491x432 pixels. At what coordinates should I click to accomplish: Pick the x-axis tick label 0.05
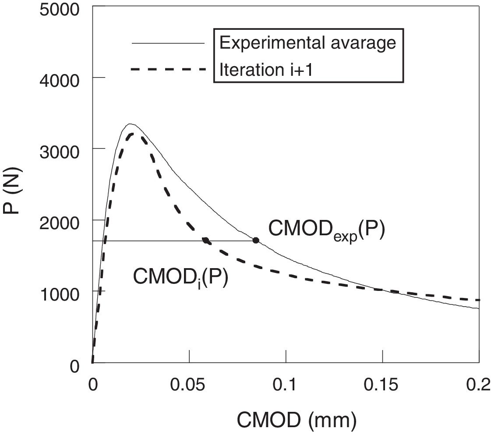coord(189,386)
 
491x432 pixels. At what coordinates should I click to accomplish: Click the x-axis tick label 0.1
coord(286,386)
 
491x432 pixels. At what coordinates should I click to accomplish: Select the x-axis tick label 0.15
coord(382,386)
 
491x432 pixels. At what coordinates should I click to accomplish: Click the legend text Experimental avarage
coord(307,42)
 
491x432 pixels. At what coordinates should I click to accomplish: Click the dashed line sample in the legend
coord(168,69)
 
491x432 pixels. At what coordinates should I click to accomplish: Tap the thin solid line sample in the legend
coord(168,43)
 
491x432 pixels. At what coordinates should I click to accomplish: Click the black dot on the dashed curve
coord(205,240)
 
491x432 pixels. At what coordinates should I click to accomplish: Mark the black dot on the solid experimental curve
coord(256,240)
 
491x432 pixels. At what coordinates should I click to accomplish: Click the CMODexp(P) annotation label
coord(326,230)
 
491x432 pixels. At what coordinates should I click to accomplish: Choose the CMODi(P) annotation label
coord(180,277)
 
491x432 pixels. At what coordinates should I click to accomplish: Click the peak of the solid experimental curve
coord(130,124)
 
